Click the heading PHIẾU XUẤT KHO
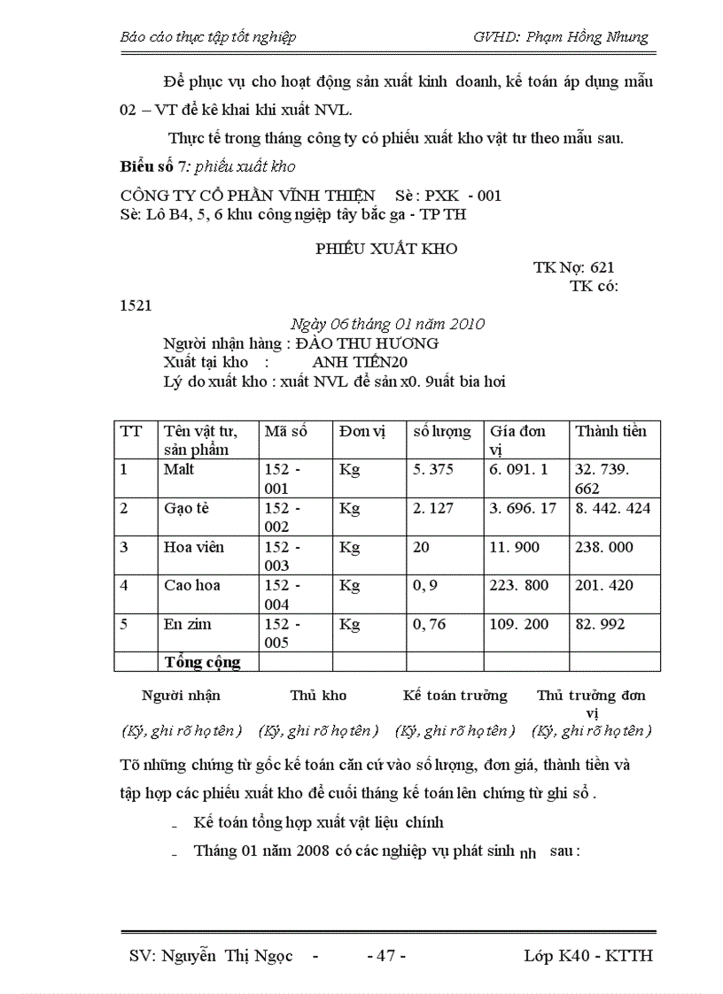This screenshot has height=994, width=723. pyautogui.click(x=386, y=249)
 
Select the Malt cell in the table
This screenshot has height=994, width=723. pyautogui.click(x=179, y=469)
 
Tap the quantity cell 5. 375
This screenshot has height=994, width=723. pyautogui.click(x=433, y=469)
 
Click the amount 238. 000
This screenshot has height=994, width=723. pyautogui.click(x=604, y=547)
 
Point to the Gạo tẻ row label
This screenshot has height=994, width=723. pyautogui.click(x=187, y=508)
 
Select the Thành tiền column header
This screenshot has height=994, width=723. pyautogui.click(x=611, y=431)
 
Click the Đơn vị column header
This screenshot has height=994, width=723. pyautogui.click(x=362, y=431)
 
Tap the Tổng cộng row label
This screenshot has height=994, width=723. pyautogui.click(x=202, y=662)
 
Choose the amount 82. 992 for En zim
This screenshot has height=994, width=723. pyautogui.click(x=600, y=624)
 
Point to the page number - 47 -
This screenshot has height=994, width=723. pyautogui.click(x=386, y=956)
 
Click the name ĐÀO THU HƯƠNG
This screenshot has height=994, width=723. pyautogui.click(x=365, y=343)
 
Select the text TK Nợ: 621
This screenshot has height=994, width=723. pyautogui.click(x=573, y=267)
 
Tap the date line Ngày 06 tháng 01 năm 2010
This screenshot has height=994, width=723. pyautogui.click(x=387, y=324)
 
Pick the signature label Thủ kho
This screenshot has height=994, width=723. pyautogui.click(x=318, y=695)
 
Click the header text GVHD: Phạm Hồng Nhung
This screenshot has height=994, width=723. pyautogui.click(x=561, y=37)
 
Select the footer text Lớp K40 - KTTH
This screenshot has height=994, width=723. pyautogui.click(x=588, y=956)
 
